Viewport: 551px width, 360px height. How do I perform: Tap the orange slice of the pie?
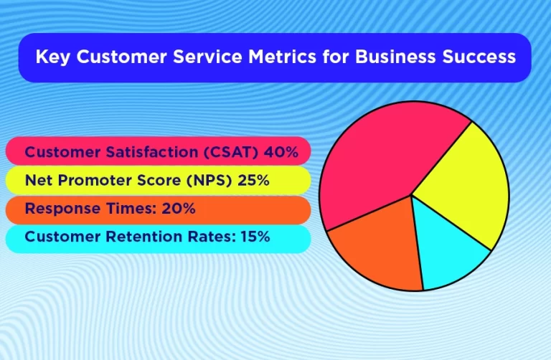click(x=377, y=251)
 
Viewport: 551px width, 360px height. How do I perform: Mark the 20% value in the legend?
click(x=179, y=209)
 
